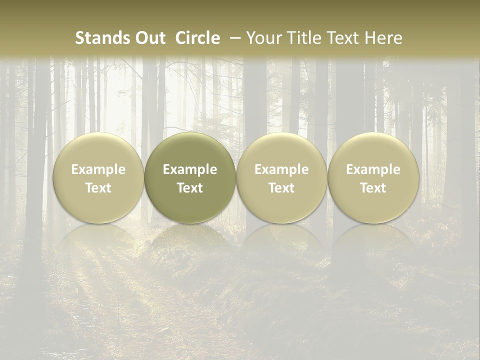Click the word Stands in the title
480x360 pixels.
(102, 38)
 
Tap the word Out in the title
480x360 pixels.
(149, 38)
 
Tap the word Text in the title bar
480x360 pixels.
(338, 38)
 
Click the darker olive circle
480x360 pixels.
(190, 150)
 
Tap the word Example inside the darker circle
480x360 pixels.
(190, 169)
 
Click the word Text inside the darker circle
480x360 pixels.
(190, 188)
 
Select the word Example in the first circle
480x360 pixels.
(98, 169)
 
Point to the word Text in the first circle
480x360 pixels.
(98, 188)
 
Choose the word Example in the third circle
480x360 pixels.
(281, 169)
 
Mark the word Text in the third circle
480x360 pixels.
(281, 188)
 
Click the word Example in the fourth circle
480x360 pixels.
(373, 169)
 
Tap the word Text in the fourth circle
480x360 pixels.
(373, 188)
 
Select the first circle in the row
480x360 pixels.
(98, 150)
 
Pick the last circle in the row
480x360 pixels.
(373, 150)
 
